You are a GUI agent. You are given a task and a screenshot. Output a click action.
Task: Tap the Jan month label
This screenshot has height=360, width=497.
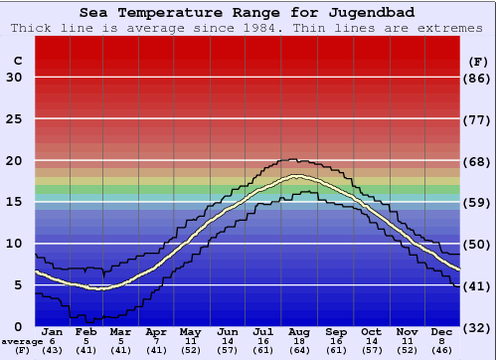pos(53,331)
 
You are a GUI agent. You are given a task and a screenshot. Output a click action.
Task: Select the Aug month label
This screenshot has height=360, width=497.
pos(298,331)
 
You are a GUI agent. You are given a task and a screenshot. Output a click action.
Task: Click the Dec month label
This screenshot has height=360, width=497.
pos(441,331)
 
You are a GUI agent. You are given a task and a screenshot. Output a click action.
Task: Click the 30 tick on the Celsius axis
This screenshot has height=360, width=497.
pos(14,78)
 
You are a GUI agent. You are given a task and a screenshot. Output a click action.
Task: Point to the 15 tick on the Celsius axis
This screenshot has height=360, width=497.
pos(14,202)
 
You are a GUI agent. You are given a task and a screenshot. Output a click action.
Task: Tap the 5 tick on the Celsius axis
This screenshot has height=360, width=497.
pos(18,285)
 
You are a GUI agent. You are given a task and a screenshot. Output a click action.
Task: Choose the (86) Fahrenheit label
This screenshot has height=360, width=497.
pos(478,78)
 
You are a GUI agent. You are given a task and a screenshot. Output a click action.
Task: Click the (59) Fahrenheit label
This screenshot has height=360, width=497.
pos(478,202)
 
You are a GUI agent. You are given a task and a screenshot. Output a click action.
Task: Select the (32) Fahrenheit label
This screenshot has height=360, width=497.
pos(478,327)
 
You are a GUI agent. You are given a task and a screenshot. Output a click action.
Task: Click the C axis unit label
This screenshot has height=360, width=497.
pos(17,61)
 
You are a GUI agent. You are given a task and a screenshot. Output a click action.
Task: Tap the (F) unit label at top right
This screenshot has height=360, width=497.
pos(477,61)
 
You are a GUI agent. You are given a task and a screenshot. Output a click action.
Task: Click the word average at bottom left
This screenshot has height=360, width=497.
pos(22,341)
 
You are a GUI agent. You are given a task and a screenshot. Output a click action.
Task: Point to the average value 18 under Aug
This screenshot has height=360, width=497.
pos(298,341)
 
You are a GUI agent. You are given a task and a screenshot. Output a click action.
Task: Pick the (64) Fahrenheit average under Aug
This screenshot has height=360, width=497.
pos(298,350)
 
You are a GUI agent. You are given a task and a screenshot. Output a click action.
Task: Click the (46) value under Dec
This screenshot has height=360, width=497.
pos(441,350)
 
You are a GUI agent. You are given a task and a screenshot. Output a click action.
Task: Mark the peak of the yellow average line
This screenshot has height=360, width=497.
pos(295,176)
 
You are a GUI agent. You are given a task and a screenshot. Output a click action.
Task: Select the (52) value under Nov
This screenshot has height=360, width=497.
pos(406,350)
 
